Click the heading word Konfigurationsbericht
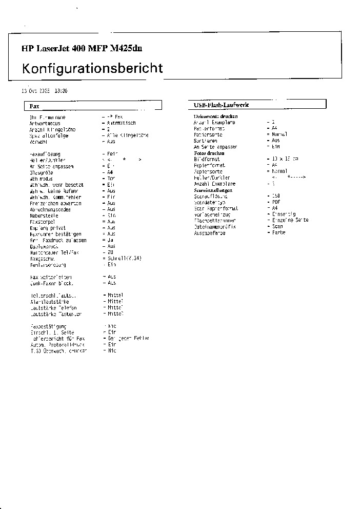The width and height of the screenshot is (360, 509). click(x=92, y=68)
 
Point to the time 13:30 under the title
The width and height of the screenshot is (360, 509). click(x=61, y=91)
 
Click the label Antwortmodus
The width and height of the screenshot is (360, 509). click(x=45, y=123)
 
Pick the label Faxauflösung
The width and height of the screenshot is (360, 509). click(x=45, y=154)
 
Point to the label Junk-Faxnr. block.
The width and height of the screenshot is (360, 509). click(x=52, y=283)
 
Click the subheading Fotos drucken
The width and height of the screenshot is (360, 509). click(x=209, y=153)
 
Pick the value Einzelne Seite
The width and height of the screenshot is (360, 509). click(x=290, y=220)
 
